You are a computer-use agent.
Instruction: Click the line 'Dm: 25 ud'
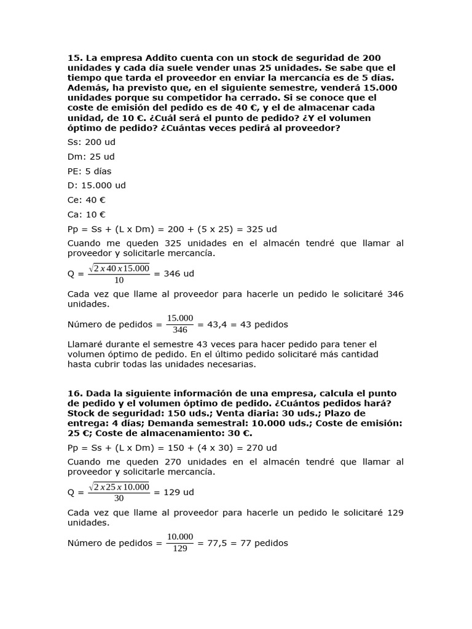91,157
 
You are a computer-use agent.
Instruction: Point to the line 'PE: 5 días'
90,171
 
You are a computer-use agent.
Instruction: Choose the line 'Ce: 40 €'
87,200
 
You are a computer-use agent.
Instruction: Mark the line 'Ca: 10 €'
87,214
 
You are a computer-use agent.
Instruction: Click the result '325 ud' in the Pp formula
261,229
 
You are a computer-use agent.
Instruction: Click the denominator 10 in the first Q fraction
119,281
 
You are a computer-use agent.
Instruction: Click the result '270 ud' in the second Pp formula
261,448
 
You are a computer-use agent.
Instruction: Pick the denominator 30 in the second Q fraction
119,499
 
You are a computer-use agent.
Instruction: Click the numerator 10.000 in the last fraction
180,537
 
